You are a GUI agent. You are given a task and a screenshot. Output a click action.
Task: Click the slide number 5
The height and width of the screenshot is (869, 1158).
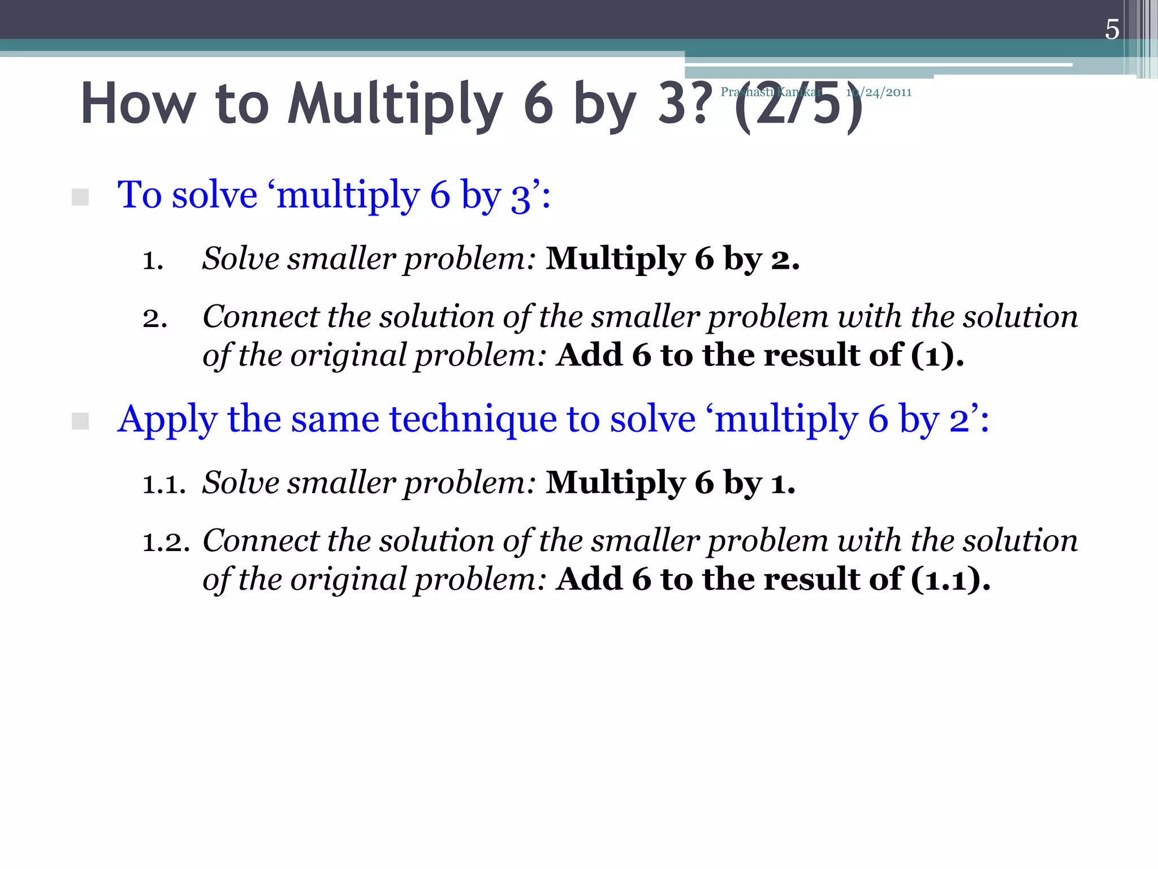[1112, 29]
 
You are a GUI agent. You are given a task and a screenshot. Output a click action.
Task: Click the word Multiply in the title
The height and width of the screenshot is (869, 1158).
[395, 105]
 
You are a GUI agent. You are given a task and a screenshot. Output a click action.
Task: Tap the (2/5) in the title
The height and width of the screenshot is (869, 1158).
[798, 106]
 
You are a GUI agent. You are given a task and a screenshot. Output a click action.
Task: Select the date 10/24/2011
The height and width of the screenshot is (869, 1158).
[879, 92]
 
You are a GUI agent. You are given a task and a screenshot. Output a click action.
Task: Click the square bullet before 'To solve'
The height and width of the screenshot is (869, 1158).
[80, 197]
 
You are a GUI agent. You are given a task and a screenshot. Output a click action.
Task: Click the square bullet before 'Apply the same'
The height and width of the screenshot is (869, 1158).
[80, 421]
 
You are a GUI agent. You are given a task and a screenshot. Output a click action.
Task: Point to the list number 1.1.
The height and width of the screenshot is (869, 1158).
[164, 484]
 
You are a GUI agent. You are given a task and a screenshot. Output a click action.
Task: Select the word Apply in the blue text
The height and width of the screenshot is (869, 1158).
[167, 420]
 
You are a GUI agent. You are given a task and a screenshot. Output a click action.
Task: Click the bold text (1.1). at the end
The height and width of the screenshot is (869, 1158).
[950, 579]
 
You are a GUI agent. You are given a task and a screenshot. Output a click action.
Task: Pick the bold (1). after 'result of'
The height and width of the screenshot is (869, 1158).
[937, 355]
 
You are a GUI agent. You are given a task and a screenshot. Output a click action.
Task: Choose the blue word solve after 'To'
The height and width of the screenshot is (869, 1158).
[214, 195]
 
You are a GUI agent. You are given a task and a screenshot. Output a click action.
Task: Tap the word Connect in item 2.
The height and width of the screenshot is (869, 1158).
[261, 316]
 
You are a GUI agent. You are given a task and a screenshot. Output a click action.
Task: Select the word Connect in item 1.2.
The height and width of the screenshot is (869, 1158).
[261, 540]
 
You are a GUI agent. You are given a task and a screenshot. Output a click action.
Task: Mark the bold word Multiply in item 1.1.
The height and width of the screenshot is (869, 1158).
[615, 483]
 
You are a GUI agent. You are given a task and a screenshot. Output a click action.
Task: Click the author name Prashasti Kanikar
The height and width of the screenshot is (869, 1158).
[771, 92]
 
